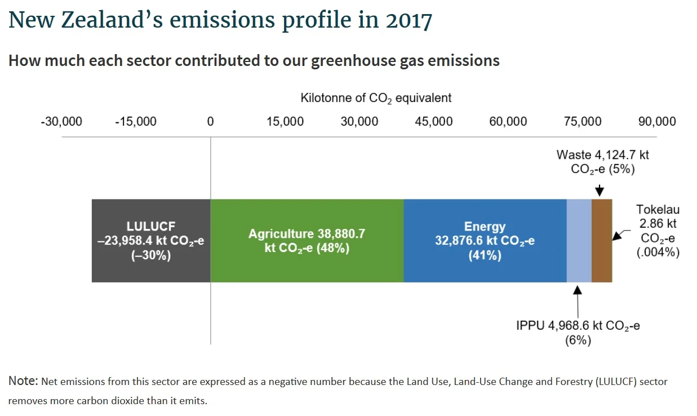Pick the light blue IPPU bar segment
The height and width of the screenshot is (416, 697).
click(579, 241)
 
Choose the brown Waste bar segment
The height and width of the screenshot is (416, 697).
click(601, 241)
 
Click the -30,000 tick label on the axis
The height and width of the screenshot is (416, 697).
click(61, 122)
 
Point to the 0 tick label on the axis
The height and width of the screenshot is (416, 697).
click(210, 122)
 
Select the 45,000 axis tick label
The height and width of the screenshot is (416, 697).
click(433, 122)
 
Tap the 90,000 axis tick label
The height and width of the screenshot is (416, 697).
click(656, 122)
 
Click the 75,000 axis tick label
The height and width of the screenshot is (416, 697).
click(583, 122)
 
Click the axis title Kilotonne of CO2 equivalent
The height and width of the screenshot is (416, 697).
click(376, 98)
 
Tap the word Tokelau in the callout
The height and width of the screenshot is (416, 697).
click(658, 210)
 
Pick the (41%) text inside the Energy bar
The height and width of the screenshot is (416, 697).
click(485, 255)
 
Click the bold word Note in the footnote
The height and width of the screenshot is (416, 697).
click(23, 382)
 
